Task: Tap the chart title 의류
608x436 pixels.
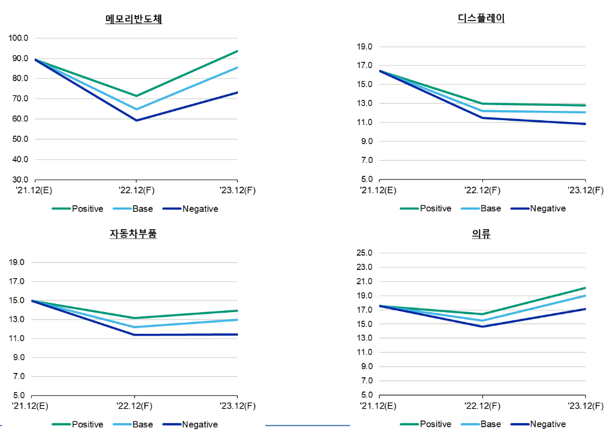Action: pos(482,234)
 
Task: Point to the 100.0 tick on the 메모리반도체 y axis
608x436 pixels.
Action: pos(19,38)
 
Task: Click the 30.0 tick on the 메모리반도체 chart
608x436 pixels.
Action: pos(19,180)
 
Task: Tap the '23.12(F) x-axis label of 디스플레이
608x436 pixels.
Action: pos(585,190)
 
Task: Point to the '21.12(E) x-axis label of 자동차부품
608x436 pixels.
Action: pos(32,406)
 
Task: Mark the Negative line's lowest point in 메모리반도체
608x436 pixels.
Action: pos(136,120)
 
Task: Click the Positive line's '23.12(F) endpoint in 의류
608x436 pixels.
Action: pos(585,288)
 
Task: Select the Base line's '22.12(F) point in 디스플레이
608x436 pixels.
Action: pos(483,111)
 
